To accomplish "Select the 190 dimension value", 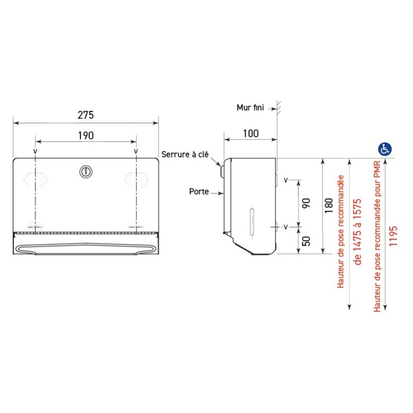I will tap(86, 136).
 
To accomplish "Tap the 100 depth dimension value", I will tap(250, 133).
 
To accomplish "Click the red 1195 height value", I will tap(393, 236).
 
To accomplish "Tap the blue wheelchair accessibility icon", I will tap(385, 149).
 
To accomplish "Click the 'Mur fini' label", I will tap(250, 107).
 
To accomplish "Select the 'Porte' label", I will tap(199, 192).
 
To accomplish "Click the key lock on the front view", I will tap(86, 171).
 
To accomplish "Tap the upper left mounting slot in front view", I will tap(35, 179).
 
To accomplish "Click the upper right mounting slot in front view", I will tap(136, 179).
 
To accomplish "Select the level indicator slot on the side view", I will tap(251, 221).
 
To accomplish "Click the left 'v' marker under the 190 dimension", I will tap(35, 151).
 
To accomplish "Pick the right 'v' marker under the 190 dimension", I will tap(136, 151).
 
